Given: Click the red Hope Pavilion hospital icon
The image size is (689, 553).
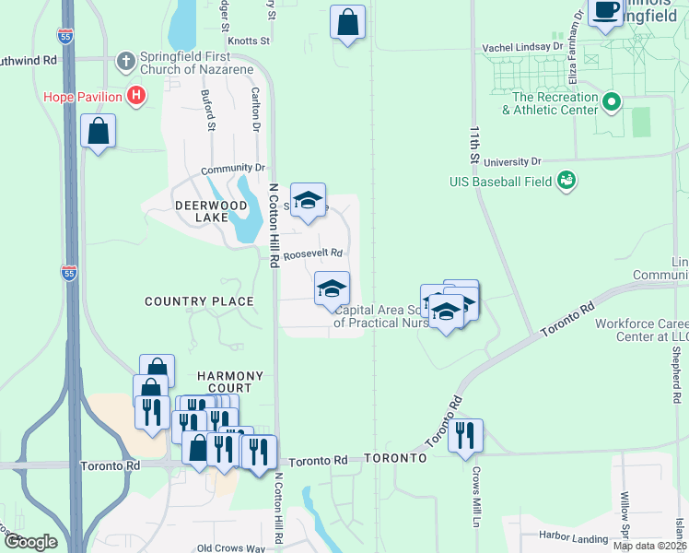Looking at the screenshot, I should click(x=136, y=96).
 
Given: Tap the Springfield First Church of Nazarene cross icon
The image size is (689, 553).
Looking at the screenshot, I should click(x=126, y=62).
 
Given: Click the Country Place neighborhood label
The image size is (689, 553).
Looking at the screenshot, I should click(x=199, y=301).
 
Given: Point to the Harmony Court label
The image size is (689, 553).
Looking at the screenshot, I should click(x=230, y=382).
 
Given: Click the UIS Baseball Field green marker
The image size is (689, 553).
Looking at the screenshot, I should click(x=566, y=181).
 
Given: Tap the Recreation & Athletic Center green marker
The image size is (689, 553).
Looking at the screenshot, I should click(x=611, y=101).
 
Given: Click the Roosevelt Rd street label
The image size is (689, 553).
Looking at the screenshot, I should click(x=312, y=253).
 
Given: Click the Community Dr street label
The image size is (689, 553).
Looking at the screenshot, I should click(x=233, y=169).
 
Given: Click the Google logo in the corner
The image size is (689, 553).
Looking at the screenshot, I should click(x=30, y=541).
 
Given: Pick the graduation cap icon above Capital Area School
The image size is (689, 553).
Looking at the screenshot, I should click(x=332, y=288).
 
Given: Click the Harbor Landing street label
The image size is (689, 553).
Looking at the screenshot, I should click(x=572, y=538).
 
